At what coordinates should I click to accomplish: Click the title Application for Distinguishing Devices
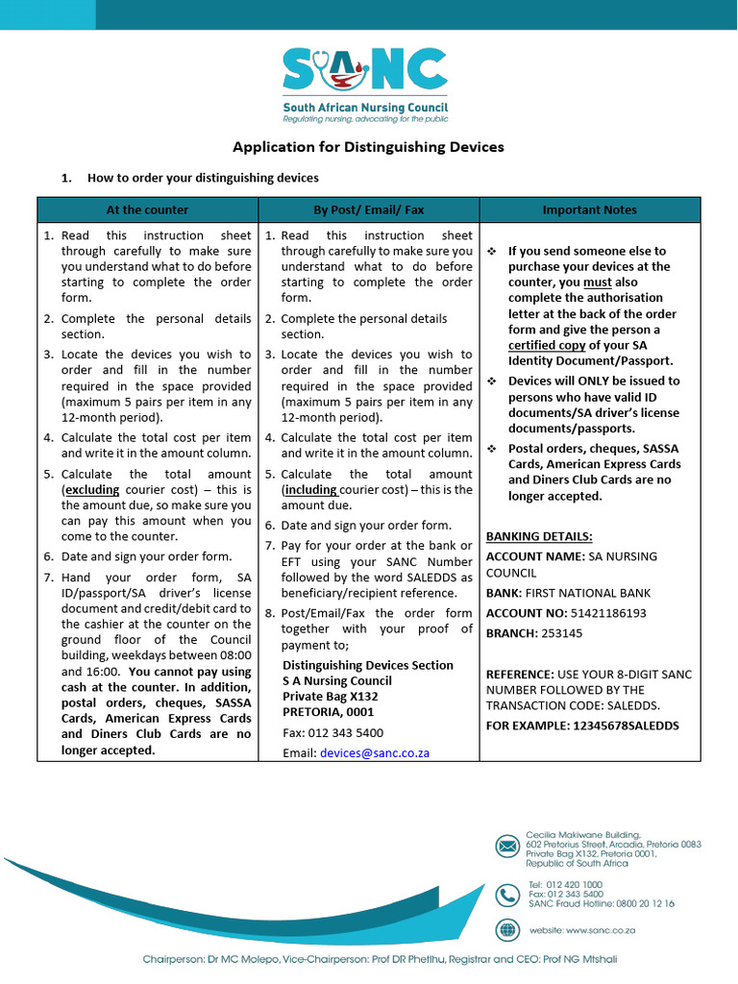[368, 147]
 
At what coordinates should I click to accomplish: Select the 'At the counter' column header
[147, 209]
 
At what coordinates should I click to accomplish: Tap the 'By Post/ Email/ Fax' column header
[368, 209]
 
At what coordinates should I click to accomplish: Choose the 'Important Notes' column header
[589, 209]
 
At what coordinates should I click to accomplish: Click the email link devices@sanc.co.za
[375, 752]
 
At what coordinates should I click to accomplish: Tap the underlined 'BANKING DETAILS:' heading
[539, 536]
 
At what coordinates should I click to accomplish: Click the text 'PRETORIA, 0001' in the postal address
[328, 712]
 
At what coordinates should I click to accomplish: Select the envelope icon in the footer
[507, 847]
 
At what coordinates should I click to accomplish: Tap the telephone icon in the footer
[507, 895]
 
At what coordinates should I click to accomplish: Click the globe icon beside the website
[507, 930]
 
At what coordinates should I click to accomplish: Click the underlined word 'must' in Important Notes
[598, 283]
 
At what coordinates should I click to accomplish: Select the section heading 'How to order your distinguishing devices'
[203, 178]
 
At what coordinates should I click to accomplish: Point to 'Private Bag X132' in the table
[331, 697]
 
